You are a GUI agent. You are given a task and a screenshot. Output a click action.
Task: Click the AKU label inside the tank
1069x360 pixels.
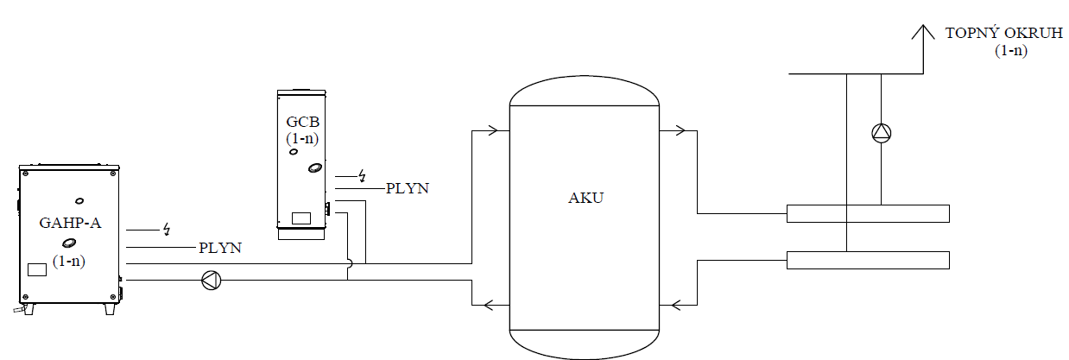pyautogui.click(x=586, y=198)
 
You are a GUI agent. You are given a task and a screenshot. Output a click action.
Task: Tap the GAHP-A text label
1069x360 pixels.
pyautogui.click(x=70, y=223)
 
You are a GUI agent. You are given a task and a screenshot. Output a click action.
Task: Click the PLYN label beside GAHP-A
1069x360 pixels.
pyautogui.click(x=219, y=248)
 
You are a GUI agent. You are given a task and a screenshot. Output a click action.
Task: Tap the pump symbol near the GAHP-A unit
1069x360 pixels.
pyautogui.click(x=211, y=280)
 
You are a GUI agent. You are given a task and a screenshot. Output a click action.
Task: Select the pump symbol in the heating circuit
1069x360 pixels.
pyautogui.click(x=881, y=133)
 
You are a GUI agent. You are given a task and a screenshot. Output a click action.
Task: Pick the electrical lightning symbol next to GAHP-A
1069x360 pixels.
pyautogui.click(x=165, y=230)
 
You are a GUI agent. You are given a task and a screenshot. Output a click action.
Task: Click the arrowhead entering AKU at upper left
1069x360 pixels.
pyautogui.click(x=493, y=131)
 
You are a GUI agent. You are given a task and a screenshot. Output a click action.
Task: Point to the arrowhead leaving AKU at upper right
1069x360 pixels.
pyautogui.click(x=680, y=131)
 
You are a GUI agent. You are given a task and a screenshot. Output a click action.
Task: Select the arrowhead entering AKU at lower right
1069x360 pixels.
pyautogui.click(x=677, y=304)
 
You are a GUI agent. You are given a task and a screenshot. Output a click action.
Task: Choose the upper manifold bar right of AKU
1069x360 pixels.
pyautogui.click(x=868, y=213)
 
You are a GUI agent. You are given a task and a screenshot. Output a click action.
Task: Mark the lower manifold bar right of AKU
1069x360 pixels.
pyautogui.click(x=868, y=260)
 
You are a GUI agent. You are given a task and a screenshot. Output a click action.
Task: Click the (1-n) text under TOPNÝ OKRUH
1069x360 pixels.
pyautogui.click(x=1010, y=52)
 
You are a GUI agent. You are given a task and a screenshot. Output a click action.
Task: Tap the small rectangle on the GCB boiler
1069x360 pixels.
pyautogui.click(x=300, y=218)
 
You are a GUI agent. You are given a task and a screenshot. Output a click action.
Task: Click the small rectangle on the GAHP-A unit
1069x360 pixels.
pyautogui.click(x=37, y=268)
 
